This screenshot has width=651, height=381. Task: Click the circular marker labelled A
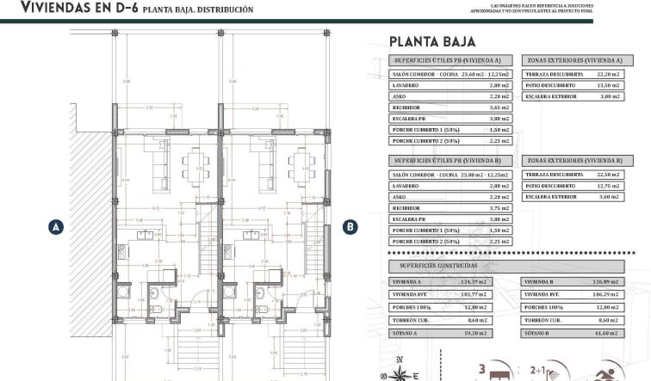coord(56,227)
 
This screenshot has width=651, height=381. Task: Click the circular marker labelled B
coord(350,227)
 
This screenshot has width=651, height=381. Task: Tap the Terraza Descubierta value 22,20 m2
coord(608,74)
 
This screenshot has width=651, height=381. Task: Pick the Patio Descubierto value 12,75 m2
coord(608,185)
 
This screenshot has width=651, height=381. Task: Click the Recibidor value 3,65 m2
coord(499,108)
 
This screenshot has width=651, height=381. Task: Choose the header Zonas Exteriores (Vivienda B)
coord(573,160)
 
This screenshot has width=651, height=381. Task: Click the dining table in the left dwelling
coord(195,163)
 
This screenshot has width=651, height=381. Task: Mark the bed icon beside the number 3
coord(503,372)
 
